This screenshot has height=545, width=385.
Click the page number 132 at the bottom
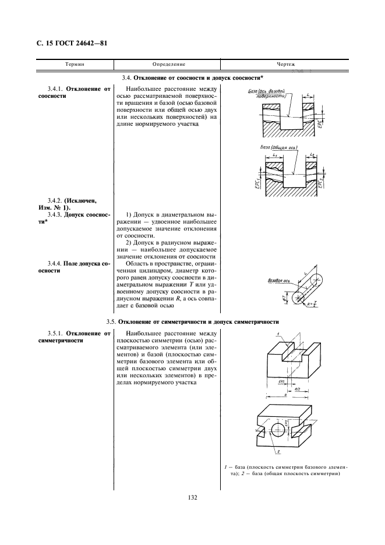192,497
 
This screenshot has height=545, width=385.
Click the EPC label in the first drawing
320,126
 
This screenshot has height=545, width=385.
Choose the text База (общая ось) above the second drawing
279,148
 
